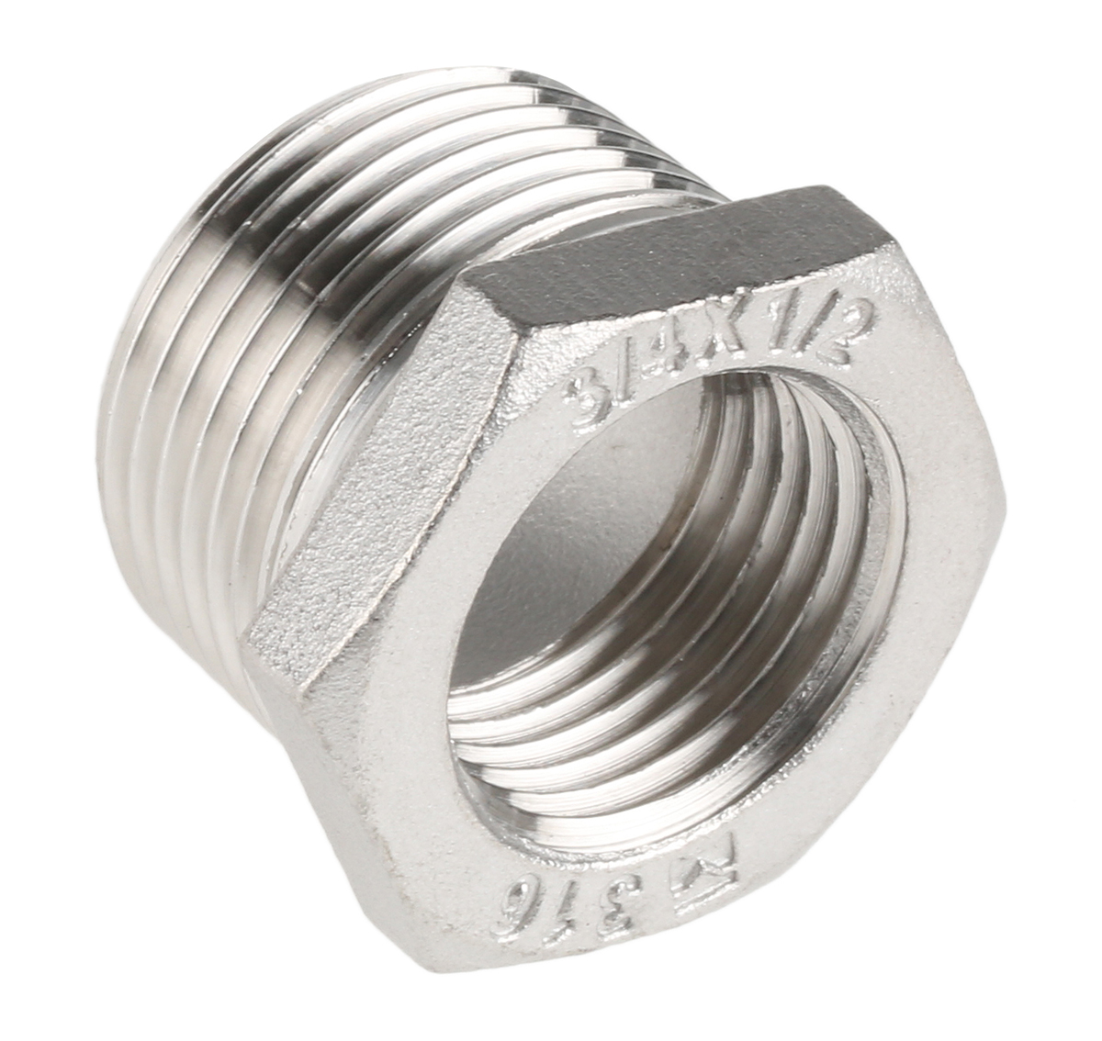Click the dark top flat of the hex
[698, 243]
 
